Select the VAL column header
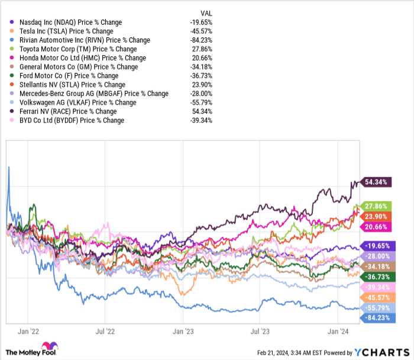(205, 13)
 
